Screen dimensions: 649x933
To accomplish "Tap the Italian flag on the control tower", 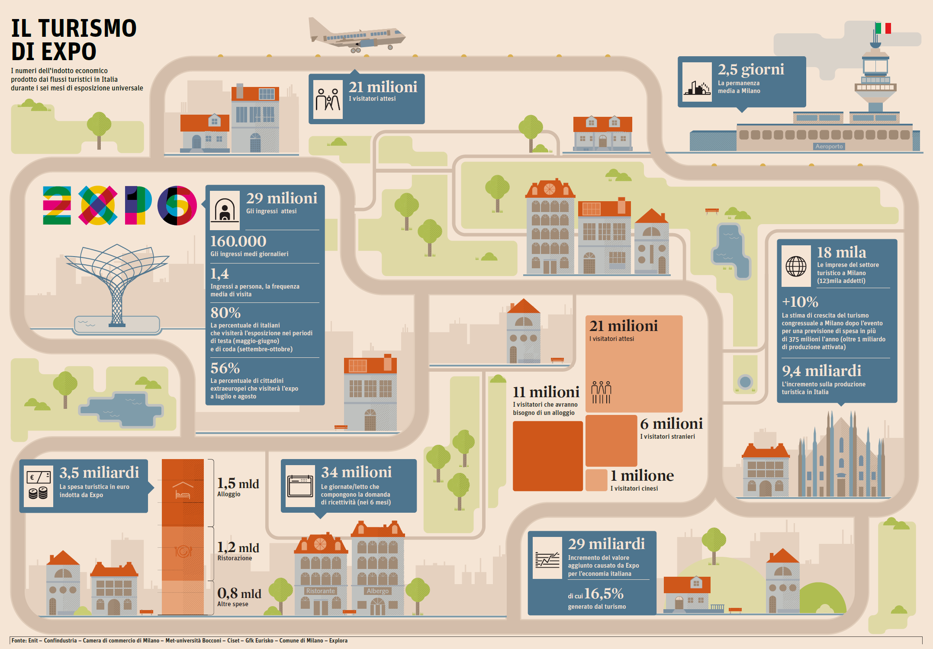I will (883, 29).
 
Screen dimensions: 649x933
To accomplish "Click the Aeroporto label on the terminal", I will (829, 146).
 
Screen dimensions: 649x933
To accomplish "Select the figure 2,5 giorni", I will (751, 69).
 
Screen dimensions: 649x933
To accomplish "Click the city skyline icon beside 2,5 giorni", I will (697, 82).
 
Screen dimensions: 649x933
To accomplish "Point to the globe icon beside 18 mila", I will (796, 266).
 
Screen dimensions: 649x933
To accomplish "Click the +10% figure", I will (800, 302).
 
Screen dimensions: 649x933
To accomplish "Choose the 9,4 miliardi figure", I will (821, 371).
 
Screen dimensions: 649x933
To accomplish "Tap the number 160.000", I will (238, 241).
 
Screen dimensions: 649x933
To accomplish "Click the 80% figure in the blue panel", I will (225, 312).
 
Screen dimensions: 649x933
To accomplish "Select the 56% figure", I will (225, 368).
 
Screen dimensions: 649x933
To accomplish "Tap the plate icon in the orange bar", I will (183, 551).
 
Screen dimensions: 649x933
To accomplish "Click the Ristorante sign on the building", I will (320, 591).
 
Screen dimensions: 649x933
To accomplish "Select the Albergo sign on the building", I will (378, 591).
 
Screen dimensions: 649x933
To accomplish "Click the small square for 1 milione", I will (596, 480).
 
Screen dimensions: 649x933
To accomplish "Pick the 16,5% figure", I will (604, 594).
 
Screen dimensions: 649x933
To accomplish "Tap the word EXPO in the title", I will (54, 51).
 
